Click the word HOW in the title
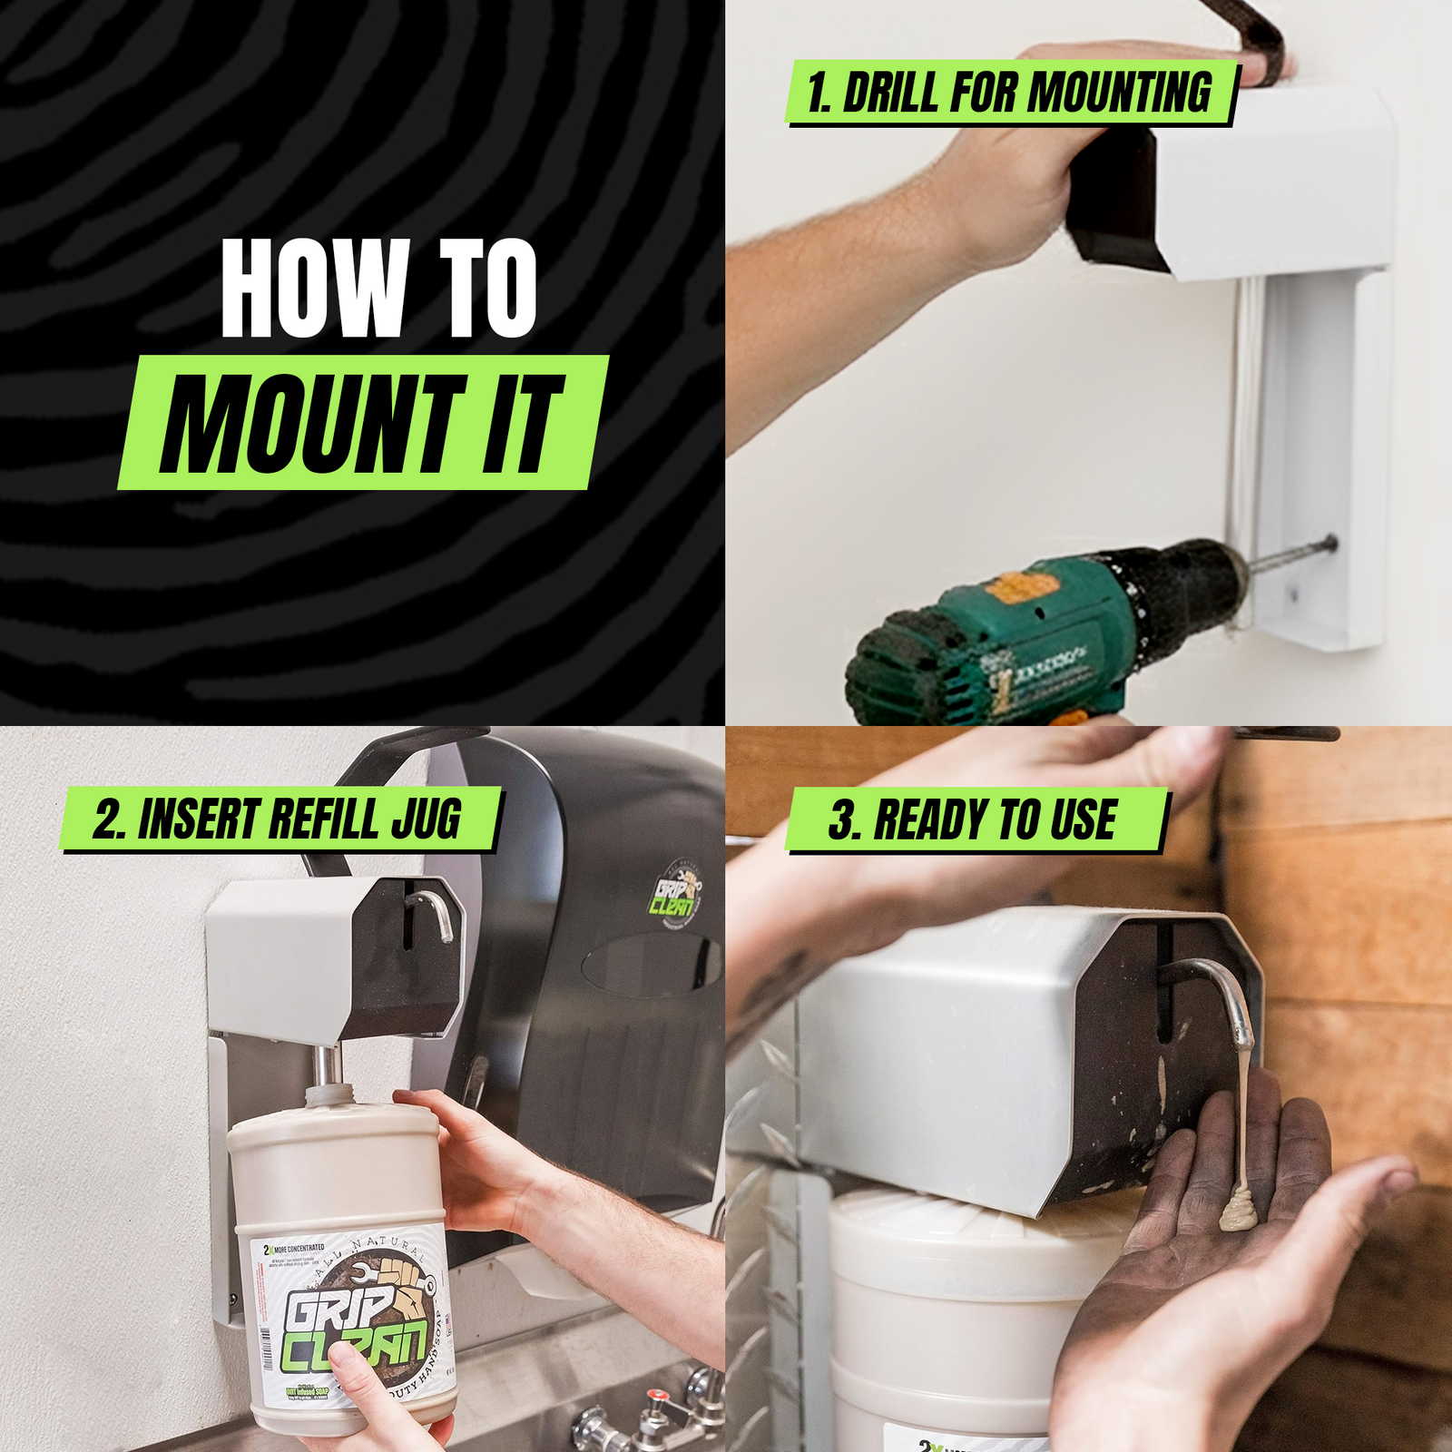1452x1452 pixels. (x=314, y=289)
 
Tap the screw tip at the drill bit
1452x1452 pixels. (x=1329, y=544)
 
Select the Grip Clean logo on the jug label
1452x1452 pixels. (x=354, y=1316)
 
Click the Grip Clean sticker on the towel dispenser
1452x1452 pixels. (x=673, y=888)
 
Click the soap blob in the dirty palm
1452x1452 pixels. (x=1240, y=1212)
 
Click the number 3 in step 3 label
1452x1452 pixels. (x=842, y=820)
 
